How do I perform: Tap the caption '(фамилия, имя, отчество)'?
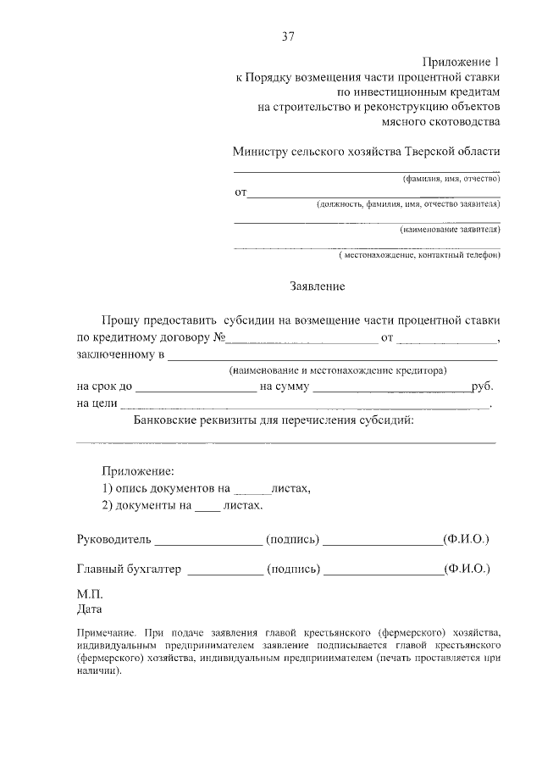point(451,179)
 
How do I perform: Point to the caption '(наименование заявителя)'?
point(450,230)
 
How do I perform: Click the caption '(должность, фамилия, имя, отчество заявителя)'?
point(408,204)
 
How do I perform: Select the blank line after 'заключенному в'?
point(331,357)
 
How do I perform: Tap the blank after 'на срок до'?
point(195,389)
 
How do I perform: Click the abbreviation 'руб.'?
point(483,387)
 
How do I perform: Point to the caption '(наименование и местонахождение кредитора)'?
point(337,371)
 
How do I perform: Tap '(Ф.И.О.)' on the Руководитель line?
point(466,539)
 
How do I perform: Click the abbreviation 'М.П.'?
point(90,595)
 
